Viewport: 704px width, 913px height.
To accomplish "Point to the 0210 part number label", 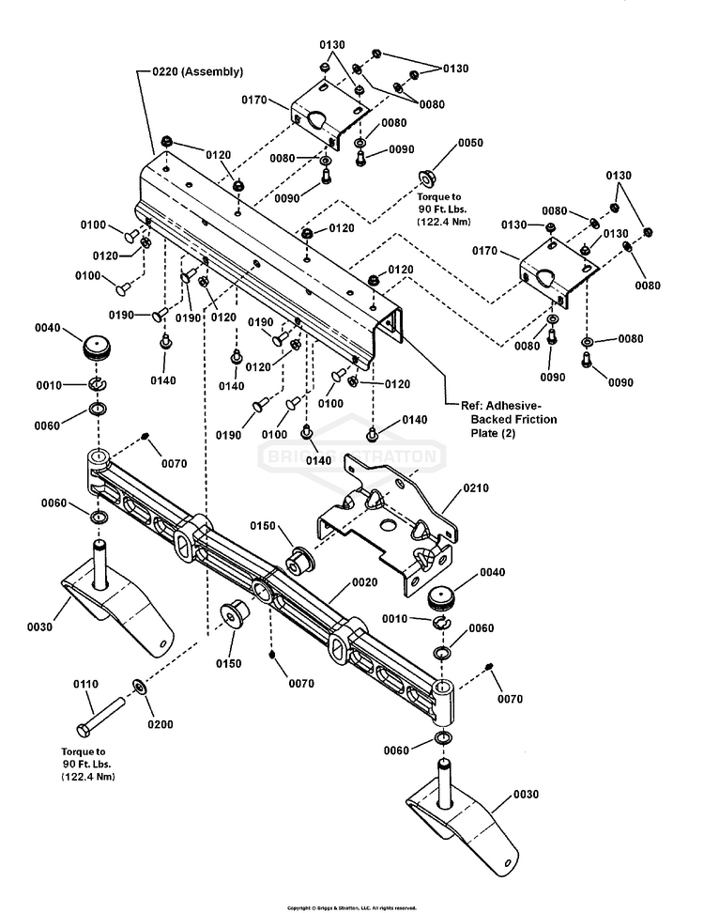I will [x=475, y=489].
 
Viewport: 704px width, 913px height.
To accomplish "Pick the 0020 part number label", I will [x=364, y=582].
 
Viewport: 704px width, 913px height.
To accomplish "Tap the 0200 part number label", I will [x=160, y=724].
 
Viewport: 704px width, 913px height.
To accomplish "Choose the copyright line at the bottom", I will [x=351, y=907].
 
